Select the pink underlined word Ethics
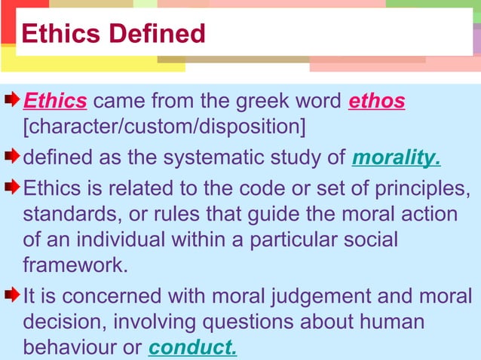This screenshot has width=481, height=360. pyautogui.click(x=56, y=101)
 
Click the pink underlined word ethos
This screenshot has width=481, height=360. pyautogui.click(x=377, y=101)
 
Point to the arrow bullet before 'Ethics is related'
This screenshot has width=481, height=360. pyautogui.click(x=13, y=185)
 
